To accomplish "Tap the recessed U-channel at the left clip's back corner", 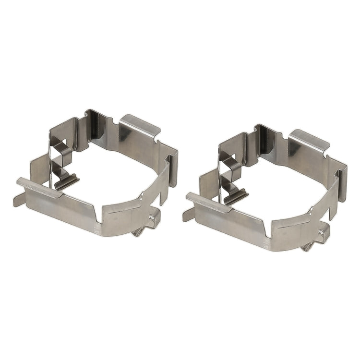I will pyautogui.click(x=94, y=122).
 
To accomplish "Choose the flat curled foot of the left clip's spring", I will pyautogui.click(x=67, y=181).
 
